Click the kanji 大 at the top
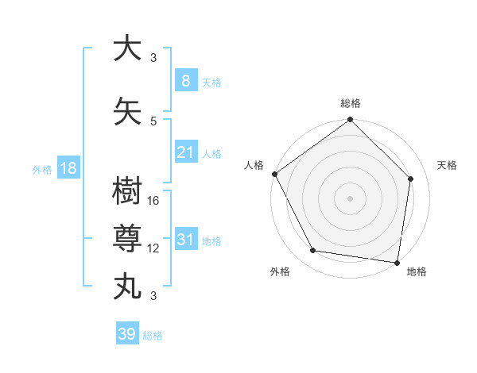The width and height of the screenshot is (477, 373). click(x=128, y=48)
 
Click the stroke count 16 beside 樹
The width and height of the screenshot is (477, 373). click(x=154, y=201)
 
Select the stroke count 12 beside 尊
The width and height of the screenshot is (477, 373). click(x=154, y=248)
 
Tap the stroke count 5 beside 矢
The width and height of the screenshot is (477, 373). click(x=153, y=121)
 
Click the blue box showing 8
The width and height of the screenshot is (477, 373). click(x=185, y=81)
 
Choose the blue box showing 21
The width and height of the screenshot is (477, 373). click(x=185, y=152)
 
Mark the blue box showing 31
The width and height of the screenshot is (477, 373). click(x=185, y=240)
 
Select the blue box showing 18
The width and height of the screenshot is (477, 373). click(x=68, y=168)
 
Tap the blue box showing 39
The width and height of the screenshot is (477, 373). click(x=127, y=334)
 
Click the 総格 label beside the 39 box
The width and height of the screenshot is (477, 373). click(x=153, y=336)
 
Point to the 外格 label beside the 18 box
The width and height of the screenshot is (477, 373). click(x=42, y=170)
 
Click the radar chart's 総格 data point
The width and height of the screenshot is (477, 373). click(x=351, y=121)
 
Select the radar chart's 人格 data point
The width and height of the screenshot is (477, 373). click(x=274, y=174)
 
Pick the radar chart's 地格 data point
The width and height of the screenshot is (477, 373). click(x=397, y=261)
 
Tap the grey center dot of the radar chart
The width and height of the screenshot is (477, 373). click(x=351, y=198)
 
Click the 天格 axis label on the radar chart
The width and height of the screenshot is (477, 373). click(x=447, y=165)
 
